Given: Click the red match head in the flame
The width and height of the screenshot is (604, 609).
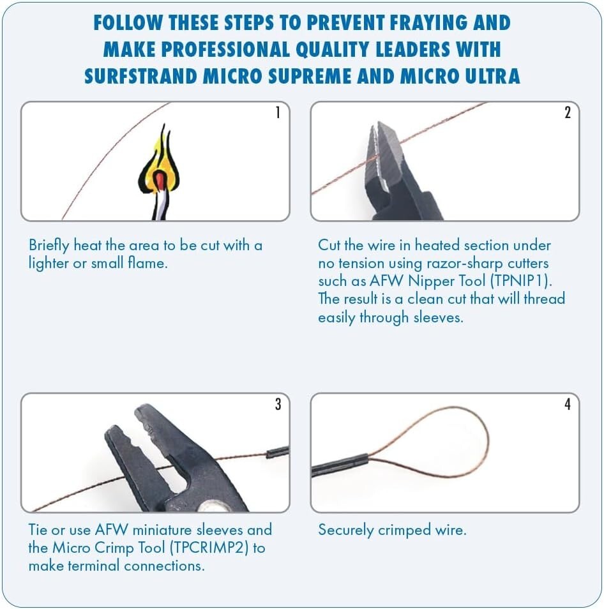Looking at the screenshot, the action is [160, 180].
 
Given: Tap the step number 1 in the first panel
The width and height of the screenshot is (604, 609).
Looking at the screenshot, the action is [278, 112].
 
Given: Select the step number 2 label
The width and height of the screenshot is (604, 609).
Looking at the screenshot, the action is [568, 112].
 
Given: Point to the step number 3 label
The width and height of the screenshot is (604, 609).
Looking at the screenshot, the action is [278, 404].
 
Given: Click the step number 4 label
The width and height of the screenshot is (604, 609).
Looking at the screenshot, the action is [568, 404].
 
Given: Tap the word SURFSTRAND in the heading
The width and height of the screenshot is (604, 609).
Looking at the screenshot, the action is [141, 76].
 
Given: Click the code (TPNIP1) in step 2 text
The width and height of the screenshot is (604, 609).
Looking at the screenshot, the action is [521, 281].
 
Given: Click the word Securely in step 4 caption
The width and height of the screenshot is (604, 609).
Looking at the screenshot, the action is [345, 530].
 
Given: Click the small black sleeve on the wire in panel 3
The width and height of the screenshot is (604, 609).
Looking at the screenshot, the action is [278, 452].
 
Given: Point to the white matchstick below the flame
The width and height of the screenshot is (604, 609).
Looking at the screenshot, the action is [160, 205].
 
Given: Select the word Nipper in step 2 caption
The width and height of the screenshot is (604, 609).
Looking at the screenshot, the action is [427, 281].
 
